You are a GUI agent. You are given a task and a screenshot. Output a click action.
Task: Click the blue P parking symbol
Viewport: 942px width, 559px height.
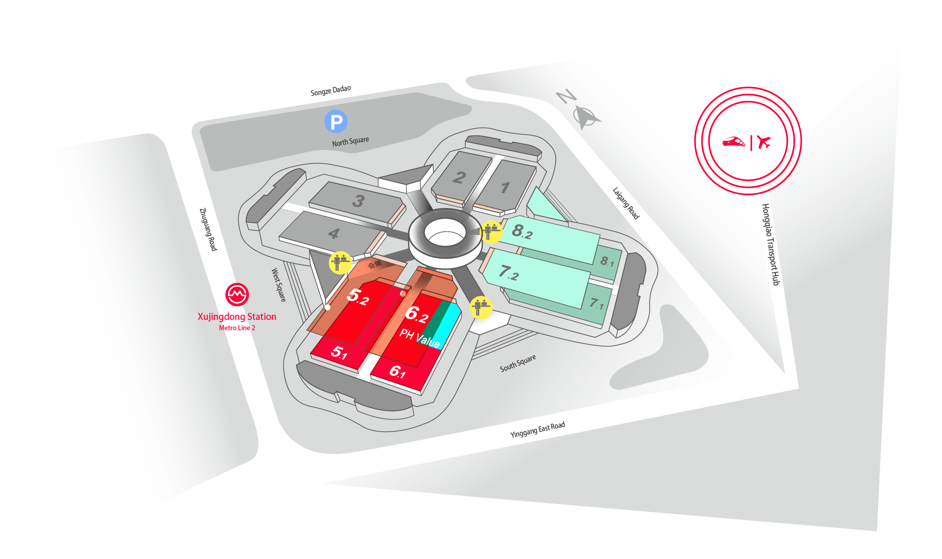point(336,121)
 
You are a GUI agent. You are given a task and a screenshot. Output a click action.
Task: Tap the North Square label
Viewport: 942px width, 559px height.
point(350,142)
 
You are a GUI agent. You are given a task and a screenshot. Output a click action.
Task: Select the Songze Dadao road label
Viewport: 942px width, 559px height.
point(330,90)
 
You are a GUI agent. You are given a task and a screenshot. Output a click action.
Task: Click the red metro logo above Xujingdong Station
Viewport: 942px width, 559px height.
point(237,294)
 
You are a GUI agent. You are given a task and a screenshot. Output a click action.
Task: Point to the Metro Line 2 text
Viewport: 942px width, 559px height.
point(237,328)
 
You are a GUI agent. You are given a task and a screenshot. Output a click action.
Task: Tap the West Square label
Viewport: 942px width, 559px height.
point(278,285)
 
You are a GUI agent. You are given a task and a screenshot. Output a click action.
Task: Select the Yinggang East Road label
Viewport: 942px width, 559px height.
point(537,429)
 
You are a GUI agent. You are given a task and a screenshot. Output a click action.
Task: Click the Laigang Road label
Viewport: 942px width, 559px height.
point(626,203)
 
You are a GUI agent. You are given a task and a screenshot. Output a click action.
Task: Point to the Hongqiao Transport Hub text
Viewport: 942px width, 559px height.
point(771,245)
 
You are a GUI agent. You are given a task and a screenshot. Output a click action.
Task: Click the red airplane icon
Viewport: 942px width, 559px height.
point(764,142)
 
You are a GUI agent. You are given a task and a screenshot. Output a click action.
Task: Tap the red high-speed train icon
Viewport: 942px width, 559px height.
point(733,142)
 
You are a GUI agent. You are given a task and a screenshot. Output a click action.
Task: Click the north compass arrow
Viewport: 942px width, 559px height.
point(585,116)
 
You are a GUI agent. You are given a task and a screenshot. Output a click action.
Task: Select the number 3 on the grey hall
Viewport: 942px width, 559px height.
point(358,201)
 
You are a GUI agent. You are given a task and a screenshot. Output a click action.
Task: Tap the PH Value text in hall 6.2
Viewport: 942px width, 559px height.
point(419,338)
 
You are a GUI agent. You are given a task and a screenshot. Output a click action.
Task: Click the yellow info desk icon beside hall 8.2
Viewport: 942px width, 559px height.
point(491,231)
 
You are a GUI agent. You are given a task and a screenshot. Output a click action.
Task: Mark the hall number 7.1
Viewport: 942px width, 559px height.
point(597,303)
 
